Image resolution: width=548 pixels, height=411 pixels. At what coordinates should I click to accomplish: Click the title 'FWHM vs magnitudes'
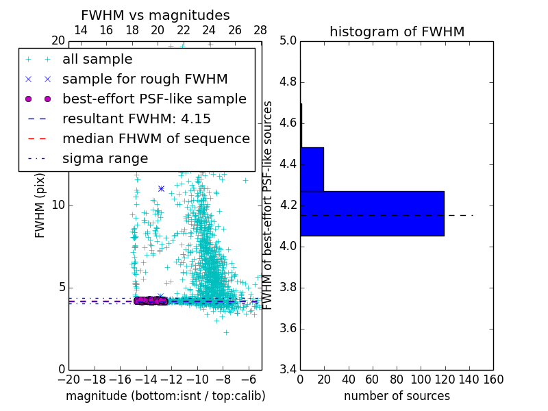[155, 15]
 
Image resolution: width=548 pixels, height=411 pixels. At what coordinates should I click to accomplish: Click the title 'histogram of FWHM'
[397, 32]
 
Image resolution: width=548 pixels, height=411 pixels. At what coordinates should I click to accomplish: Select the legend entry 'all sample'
[97, 60]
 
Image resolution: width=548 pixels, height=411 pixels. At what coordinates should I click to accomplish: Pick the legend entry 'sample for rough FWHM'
[145, 79]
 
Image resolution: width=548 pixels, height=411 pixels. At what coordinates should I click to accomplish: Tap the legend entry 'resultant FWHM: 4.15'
[136, 119]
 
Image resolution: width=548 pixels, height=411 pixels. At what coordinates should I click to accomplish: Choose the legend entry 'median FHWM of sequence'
[155, 138]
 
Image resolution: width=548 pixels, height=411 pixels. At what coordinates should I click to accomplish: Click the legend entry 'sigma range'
[105, 159]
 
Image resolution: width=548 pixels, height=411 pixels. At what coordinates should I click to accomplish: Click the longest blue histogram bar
[372, 213]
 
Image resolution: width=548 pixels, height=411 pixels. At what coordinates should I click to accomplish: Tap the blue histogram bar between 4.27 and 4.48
[312, 169]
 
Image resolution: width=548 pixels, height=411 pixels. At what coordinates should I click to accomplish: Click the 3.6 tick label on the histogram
[288, 328]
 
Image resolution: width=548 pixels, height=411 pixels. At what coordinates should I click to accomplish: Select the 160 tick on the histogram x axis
[493, 379]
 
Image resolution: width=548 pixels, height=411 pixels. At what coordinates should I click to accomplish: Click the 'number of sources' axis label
[397, 396]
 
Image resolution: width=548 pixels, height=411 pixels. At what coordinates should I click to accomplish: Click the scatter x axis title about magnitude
[165, 396]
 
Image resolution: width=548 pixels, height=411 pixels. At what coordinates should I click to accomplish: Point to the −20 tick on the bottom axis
[68, 379]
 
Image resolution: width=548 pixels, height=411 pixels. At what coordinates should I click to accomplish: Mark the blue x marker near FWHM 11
[161, 188]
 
